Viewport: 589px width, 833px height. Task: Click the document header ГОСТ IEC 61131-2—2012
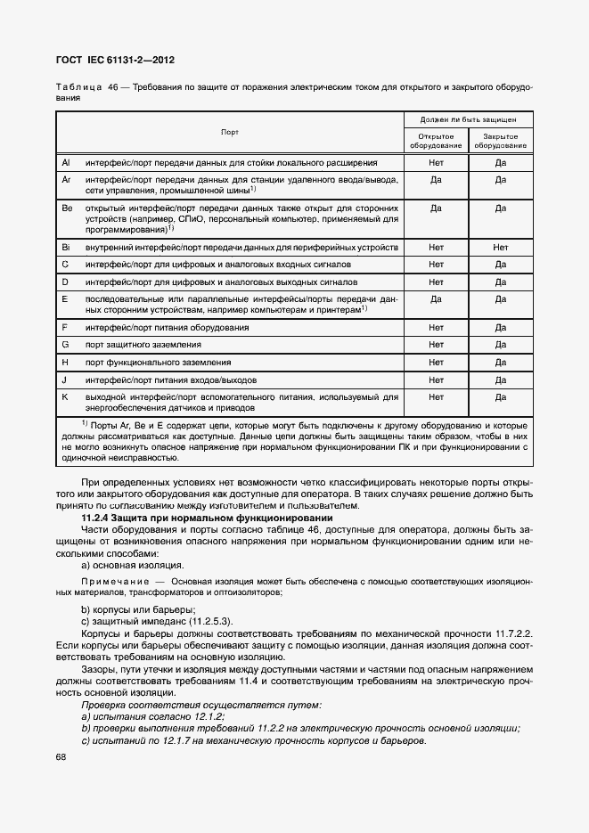coord(116,60)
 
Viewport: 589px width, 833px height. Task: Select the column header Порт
coord(230,132)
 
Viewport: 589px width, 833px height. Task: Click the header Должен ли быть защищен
coord(469,118)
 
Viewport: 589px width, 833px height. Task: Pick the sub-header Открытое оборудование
coord(436,140)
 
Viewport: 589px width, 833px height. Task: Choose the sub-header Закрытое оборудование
coord(500,140)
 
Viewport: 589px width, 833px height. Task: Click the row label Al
coord(65,163)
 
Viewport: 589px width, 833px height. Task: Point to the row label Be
coord(66,208)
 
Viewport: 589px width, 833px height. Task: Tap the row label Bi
coord(65,247)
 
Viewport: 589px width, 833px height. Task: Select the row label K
coord(64,396)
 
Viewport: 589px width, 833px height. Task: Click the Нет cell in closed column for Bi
coord(500,247)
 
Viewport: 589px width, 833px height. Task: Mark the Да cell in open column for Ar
coord(436,179)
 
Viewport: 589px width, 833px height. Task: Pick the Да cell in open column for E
coord(436,299)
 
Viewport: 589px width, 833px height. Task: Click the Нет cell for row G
coord(436,345)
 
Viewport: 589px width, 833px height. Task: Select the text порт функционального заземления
coord(146,363)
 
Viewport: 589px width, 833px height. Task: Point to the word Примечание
coord(105,580)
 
